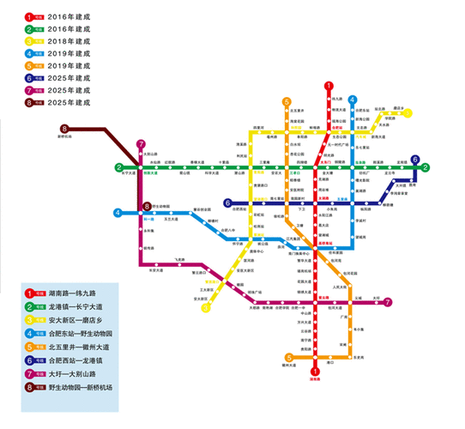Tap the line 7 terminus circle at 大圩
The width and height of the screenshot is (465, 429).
389,302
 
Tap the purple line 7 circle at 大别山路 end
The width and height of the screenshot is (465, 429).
141,144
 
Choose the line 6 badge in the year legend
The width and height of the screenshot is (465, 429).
30,76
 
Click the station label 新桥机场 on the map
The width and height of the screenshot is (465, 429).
67,137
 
